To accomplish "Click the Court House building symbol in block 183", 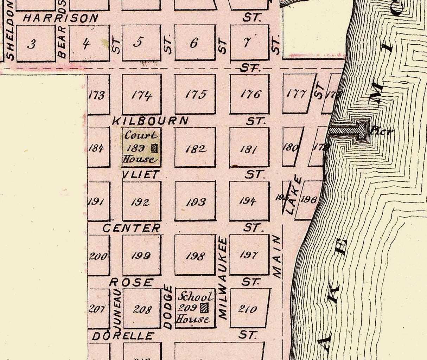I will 154,148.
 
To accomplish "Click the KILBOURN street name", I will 150,121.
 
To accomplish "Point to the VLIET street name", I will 141,174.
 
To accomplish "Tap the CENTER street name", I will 132,228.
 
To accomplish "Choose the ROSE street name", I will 131,282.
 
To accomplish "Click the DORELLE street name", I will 123,336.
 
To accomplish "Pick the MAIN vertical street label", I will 277,257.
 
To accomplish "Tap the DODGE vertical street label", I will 168,307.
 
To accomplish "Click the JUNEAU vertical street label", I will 117,307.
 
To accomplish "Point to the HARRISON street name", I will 60,18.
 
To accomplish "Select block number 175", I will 196,94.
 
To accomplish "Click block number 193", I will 196,202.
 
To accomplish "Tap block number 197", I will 249,255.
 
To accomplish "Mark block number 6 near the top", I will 194,43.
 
